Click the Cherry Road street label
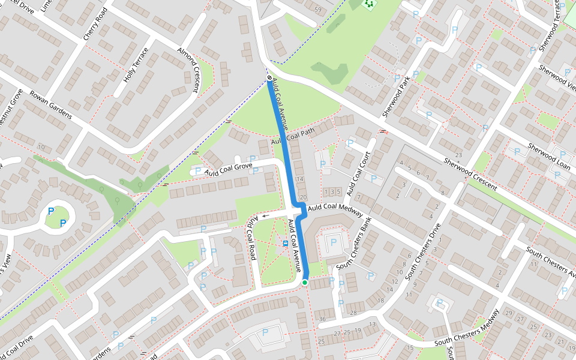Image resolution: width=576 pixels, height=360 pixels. coord(94,25)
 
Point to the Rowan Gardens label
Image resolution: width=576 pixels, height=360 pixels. coord(51,106)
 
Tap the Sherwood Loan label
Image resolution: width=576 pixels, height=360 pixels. coord(548,155)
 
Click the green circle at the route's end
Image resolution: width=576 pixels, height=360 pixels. coord(305,283)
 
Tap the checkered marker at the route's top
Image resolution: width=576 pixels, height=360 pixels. coord(269,78)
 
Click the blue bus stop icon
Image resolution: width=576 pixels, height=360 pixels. coord(284,244)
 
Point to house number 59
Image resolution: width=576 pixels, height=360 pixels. coord(318,10)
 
